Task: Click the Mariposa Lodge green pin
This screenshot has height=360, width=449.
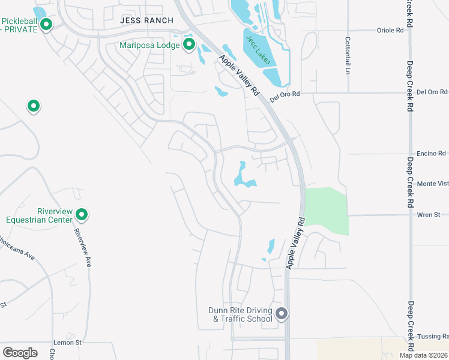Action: [189, 44]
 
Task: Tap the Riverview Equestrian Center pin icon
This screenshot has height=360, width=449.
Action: [82, 214]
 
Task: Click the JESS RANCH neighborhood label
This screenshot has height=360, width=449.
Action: [146, 20]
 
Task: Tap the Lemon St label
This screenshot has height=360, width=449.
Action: [67, 342]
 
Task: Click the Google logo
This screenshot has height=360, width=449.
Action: [20, 352]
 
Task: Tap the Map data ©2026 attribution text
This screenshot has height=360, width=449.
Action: [424, 355]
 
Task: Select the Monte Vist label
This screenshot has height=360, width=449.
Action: [432, 184]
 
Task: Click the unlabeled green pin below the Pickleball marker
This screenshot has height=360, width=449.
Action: [34, 106]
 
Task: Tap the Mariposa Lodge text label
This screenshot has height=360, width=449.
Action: [150, 44]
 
